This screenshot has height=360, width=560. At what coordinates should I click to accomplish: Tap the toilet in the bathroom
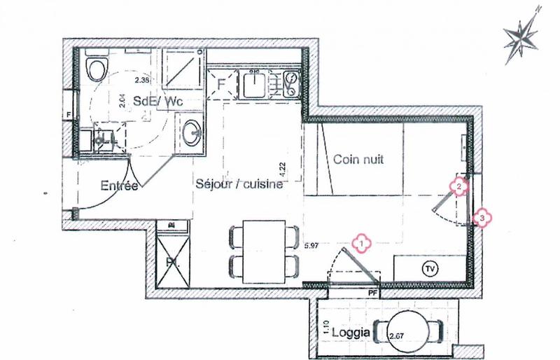[x=96, y=68]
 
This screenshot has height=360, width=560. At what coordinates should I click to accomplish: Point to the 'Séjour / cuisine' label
[x=239, y=185]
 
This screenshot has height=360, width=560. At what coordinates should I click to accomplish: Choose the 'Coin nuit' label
[x=358, y=160]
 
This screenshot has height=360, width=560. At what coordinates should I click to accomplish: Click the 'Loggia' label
[x=351, y=333]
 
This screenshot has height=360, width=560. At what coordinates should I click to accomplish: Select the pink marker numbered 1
[x=361, y=243]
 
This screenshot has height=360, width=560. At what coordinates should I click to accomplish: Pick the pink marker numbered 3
[x=483, y=219]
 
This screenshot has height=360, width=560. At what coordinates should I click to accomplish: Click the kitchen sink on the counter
[x=252, y=86]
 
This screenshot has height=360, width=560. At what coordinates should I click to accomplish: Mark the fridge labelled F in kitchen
[x=221, y=85]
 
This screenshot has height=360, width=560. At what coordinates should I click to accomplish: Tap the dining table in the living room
[x=259, y=249]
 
